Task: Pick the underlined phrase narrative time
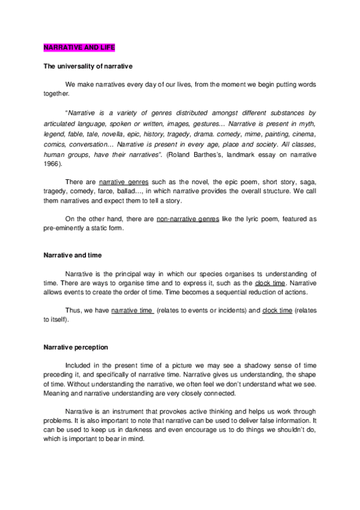132,312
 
